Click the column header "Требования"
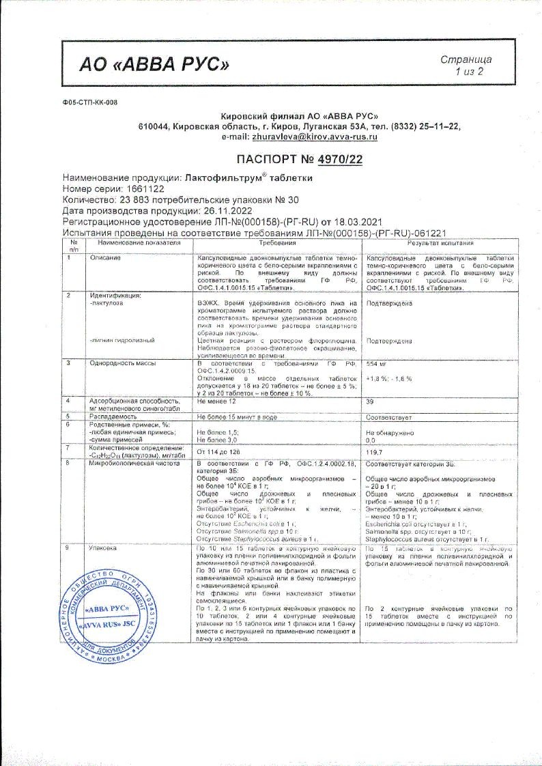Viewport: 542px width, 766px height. (x=278, y=244)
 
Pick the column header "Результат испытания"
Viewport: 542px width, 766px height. (x=440, y=244)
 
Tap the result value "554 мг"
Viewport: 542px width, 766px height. (x=377, y=364)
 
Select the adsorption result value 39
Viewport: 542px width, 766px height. (x=371, y=403)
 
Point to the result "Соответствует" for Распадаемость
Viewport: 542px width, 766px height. (x=389, y=416)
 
